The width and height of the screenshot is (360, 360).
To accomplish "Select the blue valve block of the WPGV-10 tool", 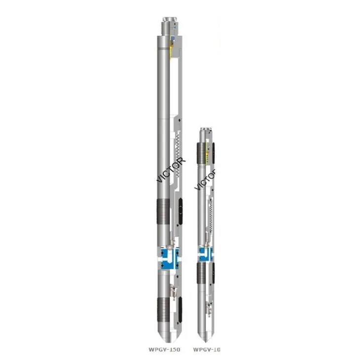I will pos(203,253).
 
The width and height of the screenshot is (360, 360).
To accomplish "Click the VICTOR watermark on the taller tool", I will pos(171,170).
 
